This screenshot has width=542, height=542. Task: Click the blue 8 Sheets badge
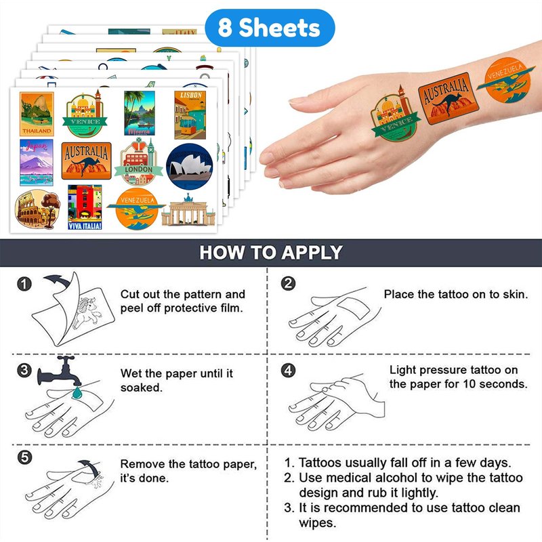point(270,28)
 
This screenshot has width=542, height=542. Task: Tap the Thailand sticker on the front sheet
point(37,114)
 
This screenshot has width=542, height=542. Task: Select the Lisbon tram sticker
point(190,114)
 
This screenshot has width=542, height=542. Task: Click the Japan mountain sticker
point(37,163)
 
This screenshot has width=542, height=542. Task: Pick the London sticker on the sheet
point(139,162)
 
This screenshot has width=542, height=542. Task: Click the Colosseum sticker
point(37,209)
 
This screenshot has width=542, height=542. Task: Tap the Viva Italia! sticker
point(85,207)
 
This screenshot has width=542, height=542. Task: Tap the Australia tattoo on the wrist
point(449,99)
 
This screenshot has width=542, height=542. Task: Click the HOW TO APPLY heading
point(271,252)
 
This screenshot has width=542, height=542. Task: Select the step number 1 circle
point(24,284)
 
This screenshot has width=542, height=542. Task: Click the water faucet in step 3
point(60,371)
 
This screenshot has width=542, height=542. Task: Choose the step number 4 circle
point(289,370)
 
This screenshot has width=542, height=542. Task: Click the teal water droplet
point(77,393)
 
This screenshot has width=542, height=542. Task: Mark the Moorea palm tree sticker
point(140,113)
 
